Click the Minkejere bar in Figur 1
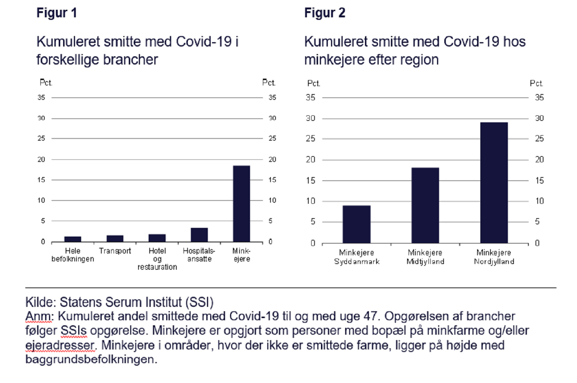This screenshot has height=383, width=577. pyautogui.click(x=241, y=203)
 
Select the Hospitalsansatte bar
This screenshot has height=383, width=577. pyautogui.click(x=199, y=235)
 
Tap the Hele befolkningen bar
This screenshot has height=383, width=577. pyautogui.click(x=72, y=239)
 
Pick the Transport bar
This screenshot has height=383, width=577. pyautogui.click(x=115, y=238)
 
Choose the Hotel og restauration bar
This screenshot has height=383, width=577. pyautogui.click(x=157, y=238)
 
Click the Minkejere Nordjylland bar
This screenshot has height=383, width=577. pyautogui.click(x=494, y=182)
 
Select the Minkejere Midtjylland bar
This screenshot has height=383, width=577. pyautogui.click(x=425, y=205)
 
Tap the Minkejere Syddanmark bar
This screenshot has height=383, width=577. pyautogui.click(x=356, y=224)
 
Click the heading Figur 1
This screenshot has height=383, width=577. pyautogui.click(x=57, y=13)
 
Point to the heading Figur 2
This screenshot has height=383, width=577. pyautogui.click(x=325, y=13)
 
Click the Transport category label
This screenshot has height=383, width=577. pyautogui.click(x=115, y=251)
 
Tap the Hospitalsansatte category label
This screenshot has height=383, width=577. pyautogui.click(x=199, y=255)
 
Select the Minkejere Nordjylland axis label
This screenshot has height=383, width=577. pyautogui.click(x=494, y=257)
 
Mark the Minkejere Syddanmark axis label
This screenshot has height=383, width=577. pyautogui.click(x=356, y=257)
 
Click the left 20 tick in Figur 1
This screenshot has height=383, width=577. pyautogui.click(x=41, y=159)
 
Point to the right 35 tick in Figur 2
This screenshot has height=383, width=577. pyautogui.click(x=539, y=97)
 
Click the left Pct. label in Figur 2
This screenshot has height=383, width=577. pyautogui.click(x=313, y=84)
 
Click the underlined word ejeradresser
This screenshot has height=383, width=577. pyautogui.click(x=60, y=345)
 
